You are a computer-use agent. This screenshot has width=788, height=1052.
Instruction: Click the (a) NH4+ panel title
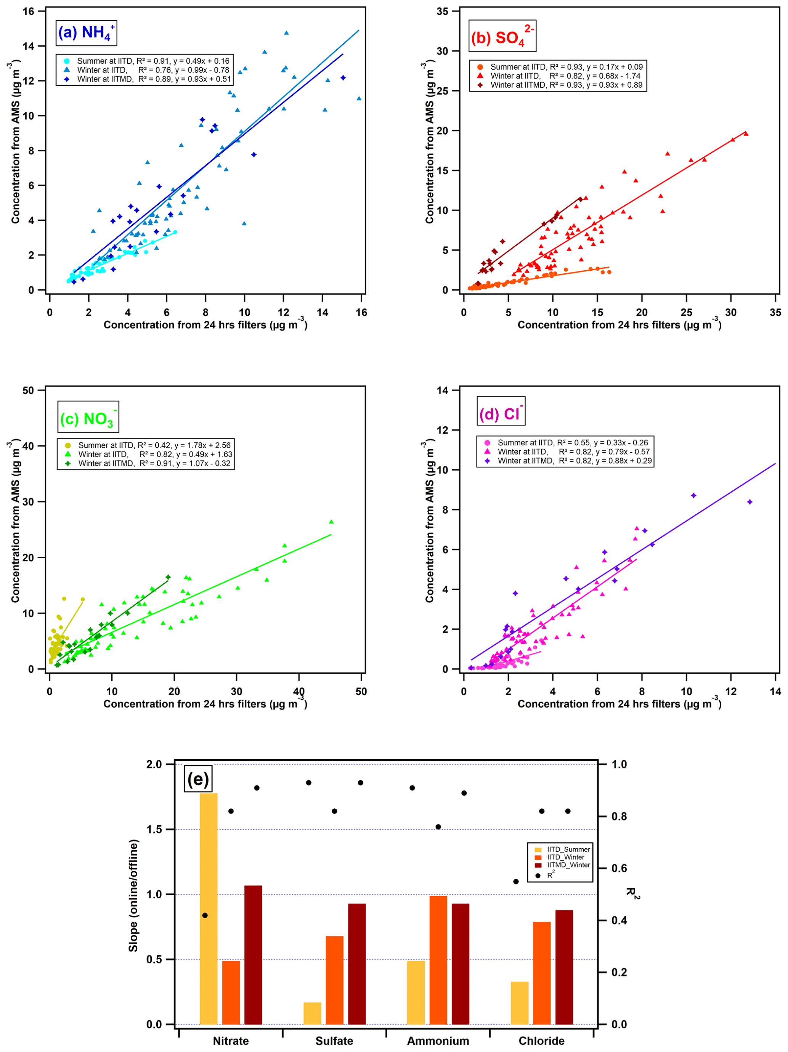pos(86,33)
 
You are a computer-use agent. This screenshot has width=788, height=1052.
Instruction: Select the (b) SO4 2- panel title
pos(502,36)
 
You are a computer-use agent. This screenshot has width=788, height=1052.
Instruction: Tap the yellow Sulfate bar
pos(313,1013)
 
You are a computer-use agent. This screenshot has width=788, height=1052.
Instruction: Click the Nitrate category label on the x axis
pos(231,1041)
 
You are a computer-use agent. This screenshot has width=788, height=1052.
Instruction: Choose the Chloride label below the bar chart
pos(542,1041)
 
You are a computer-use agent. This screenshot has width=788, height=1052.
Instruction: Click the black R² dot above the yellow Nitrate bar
pos(205,915)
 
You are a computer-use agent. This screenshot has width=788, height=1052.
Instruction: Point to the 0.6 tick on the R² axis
pos(619,869)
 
